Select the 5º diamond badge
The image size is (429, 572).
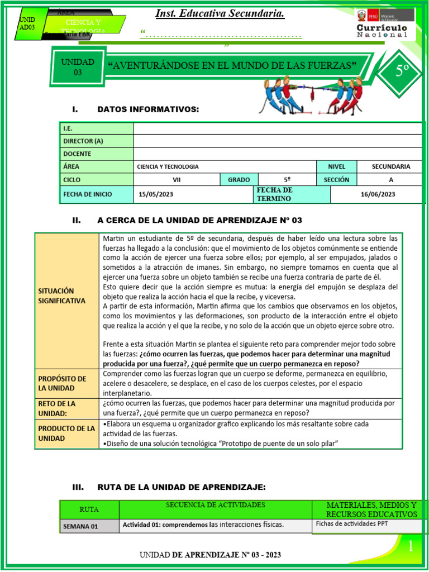tap(402, 71)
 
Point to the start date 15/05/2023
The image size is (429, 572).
tap(156, 194)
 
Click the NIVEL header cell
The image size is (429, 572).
tap(336, 166)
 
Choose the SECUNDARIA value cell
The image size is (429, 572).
tap(390, 166)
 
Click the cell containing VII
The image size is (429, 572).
tap(177, 179)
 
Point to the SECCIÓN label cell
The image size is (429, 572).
tap(336, 179)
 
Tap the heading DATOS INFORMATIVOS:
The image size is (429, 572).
tap(148, 109)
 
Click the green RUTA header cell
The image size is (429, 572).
tap(89, 509)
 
